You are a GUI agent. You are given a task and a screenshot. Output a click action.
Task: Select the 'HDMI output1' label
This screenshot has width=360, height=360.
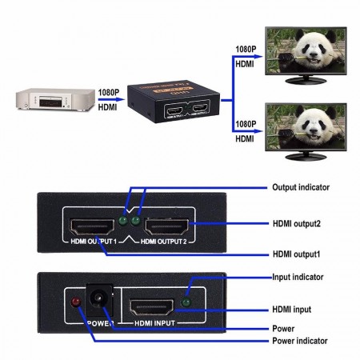pos(297,254)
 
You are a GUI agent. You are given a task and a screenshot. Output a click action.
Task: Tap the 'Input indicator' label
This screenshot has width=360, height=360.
pos(298,277)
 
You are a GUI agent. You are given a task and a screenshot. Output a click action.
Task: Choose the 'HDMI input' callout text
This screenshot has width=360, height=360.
pos(291,309)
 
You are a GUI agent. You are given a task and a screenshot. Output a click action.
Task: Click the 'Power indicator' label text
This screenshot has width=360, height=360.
pos(300,341)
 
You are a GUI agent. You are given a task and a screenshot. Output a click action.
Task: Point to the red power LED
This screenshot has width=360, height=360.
pos(76,302)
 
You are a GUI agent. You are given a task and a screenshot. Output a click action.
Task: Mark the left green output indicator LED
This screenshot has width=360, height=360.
pos(122,220)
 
